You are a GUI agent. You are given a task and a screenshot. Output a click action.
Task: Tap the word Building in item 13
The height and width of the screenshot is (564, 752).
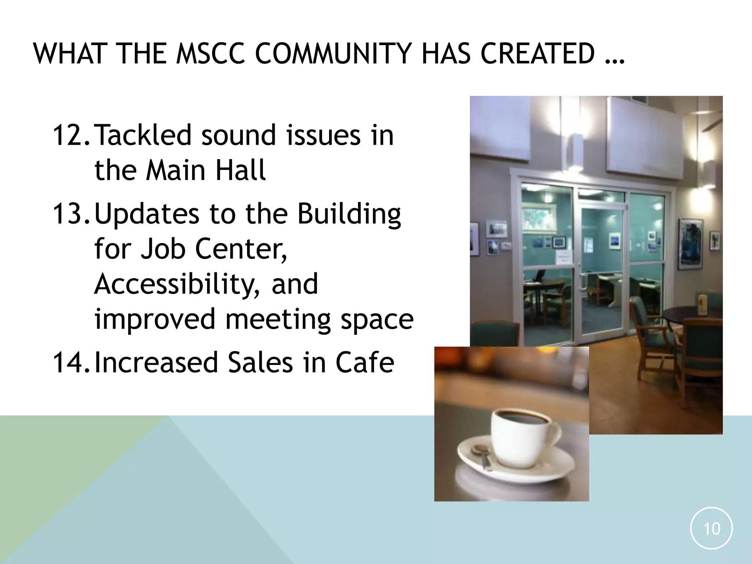coord(349,214)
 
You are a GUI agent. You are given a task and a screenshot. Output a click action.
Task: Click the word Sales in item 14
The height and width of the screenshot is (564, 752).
coord(260,362)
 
